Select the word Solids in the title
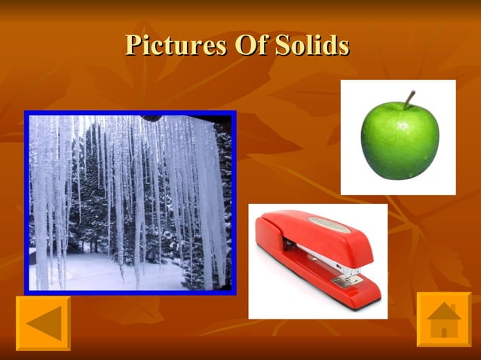pos(311,45)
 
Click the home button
pos(444,319)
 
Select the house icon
pos(444,319)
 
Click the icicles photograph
pos(130,202)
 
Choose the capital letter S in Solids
pos(281,45)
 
